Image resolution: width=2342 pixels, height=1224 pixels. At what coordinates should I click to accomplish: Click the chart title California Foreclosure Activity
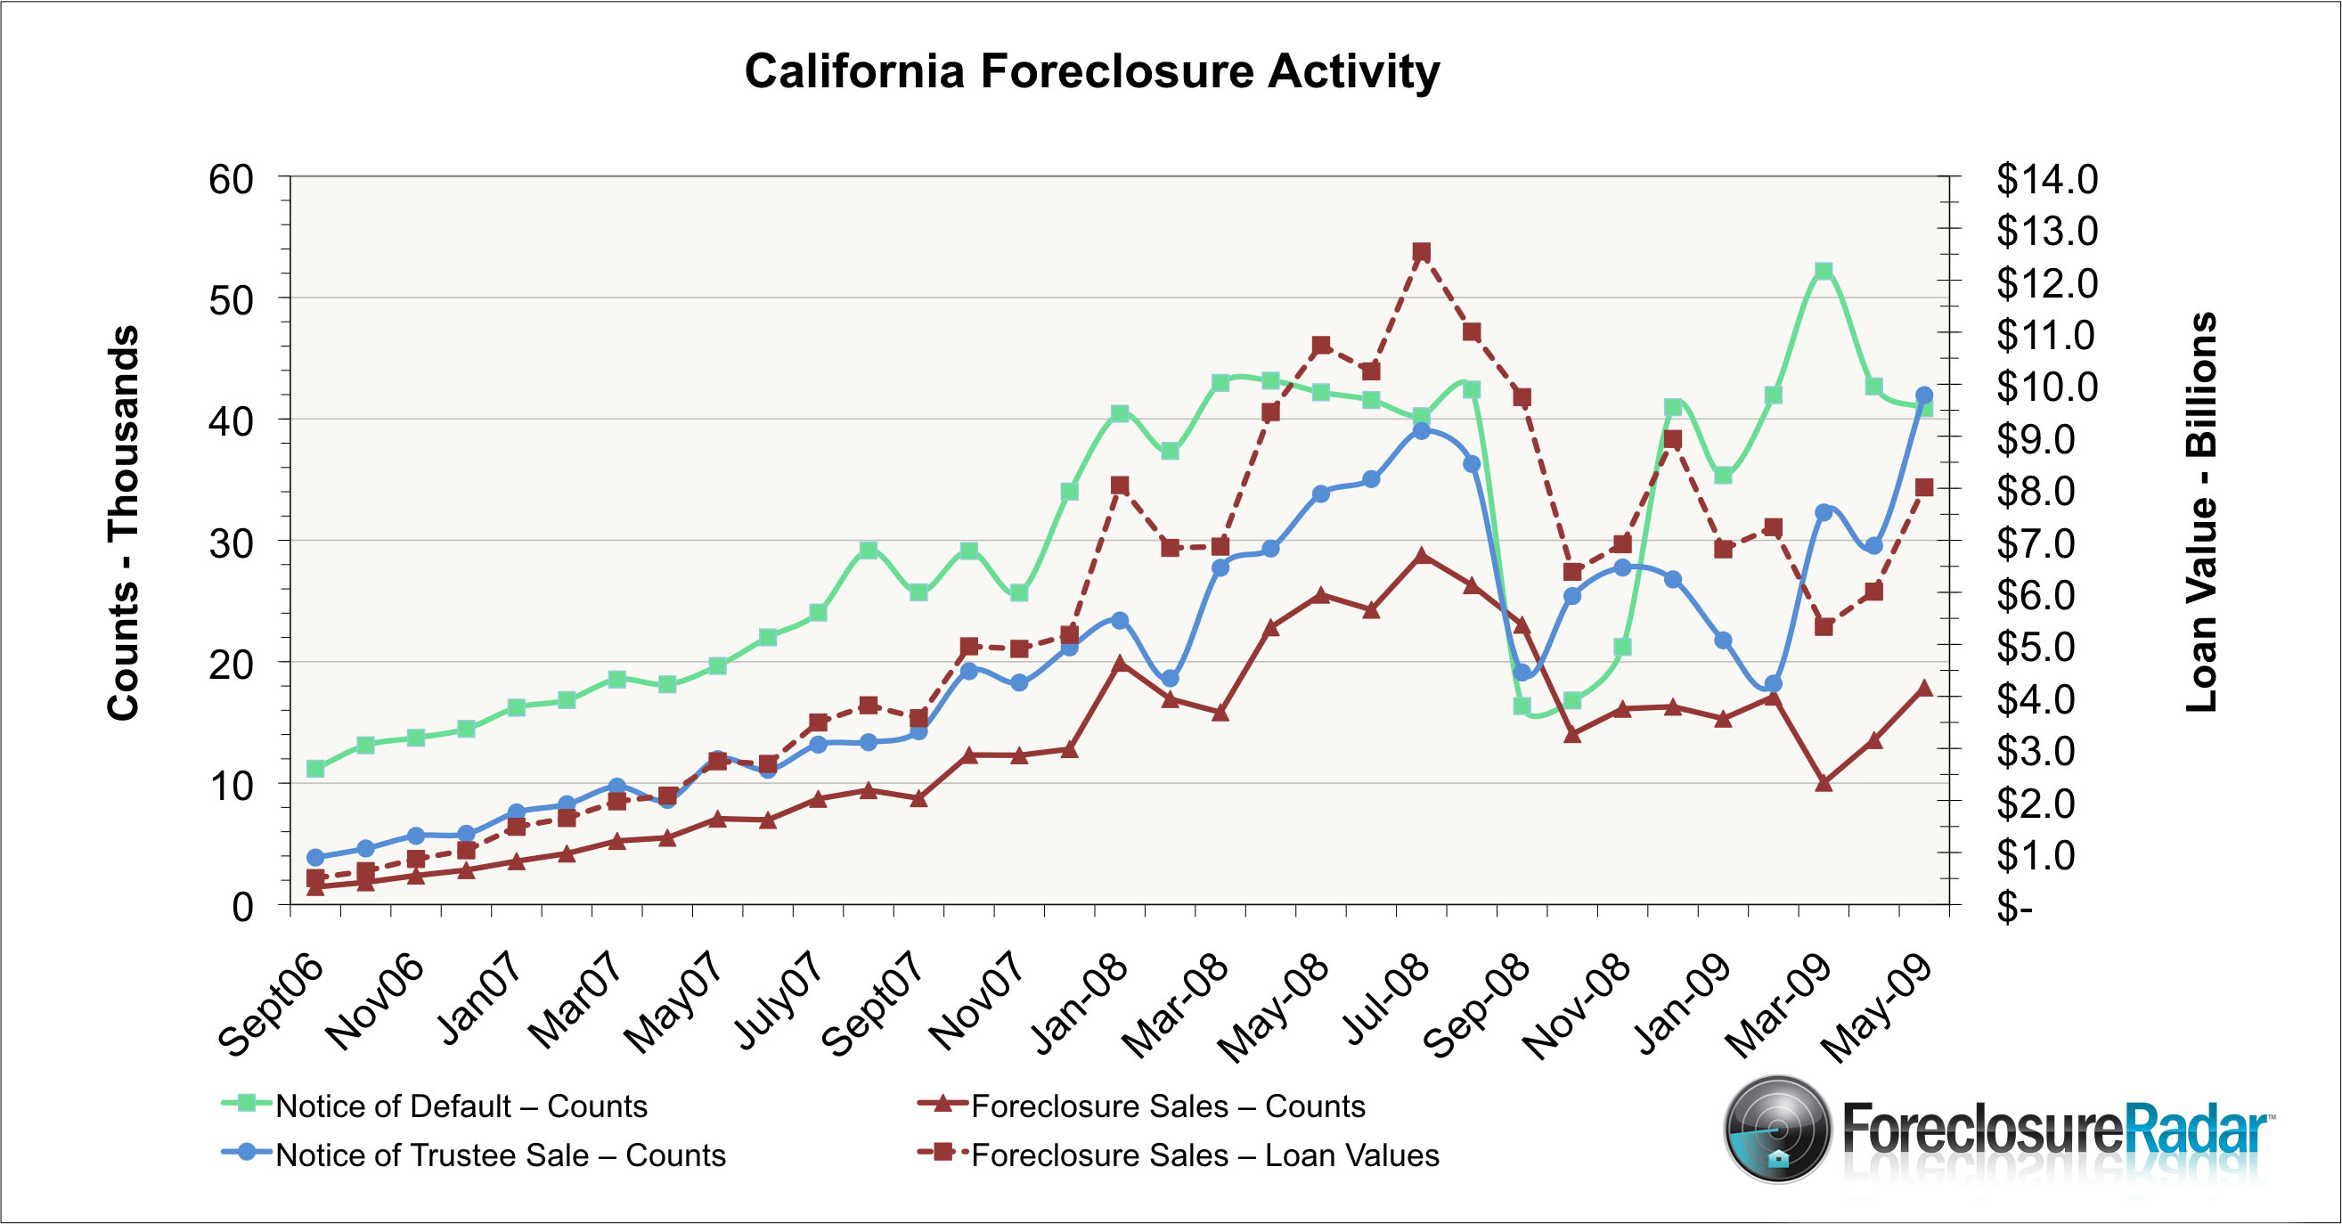pyautogui.click(x=1091, y=71)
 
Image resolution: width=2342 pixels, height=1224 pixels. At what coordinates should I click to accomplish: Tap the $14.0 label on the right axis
pyautogui.click(x=2046, y=179)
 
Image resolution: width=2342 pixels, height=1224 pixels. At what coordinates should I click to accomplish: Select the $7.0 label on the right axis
pyautogui.click(x=2046, y=543)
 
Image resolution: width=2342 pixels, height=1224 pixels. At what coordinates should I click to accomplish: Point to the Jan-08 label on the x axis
pyautogui.click(x=1080, y=1006)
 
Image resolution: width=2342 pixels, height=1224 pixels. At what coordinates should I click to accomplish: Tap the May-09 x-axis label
pyautogui.click(x=1876, y=1009)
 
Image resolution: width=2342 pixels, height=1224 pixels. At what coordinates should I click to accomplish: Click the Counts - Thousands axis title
pyautogui.click(x=124, y=523)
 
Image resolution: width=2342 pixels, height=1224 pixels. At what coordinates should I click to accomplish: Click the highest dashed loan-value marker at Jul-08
pyautogui.click(x=1422, y=252)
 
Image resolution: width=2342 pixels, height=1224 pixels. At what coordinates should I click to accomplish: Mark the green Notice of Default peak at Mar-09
pyautogui.click(x=1824, y=271)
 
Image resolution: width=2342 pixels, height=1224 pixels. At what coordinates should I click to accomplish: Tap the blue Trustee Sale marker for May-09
pyautogui.click(x=1924, y=396)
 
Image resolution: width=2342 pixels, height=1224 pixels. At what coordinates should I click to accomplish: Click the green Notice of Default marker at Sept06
pyautogui.click(x=315, y=770)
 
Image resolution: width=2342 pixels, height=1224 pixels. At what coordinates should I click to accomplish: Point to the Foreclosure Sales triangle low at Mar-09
pyautogui.click(x=1824, y=782)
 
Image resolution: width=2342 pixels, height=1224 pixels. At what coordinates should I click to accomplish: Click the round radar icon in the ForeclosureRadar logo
pyautogui.click(x=1777, y=1130)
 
